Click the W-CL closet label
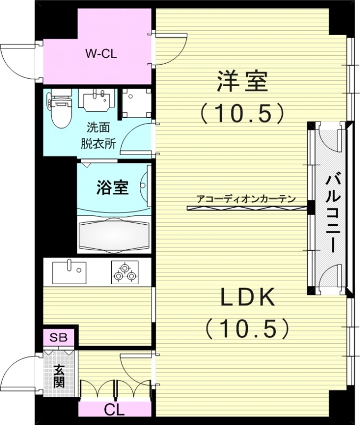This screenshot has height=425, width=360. tap(102, 54)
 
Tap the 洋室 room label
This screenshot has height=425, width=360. tap(242, 82)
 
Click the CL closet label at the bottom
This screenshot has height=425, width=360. tap(114, 410)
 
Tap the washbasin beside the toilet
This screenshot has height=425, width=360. tap(98, 99)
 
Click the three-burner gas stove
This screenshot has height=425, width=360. tap(124, 273)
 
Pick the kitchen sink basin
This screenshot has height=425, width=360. tap(69, 270)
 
